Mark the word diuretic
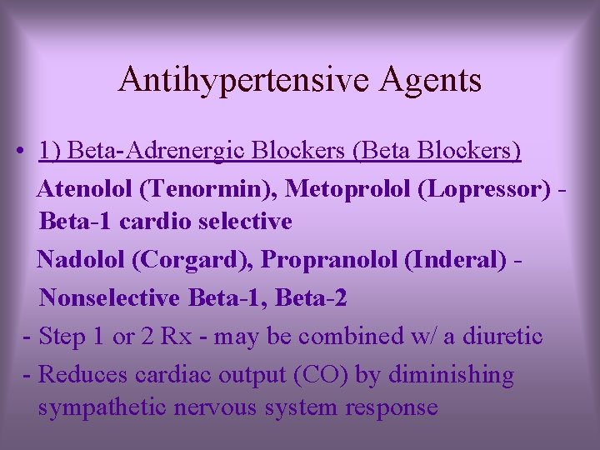click(x=497, y=337)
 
